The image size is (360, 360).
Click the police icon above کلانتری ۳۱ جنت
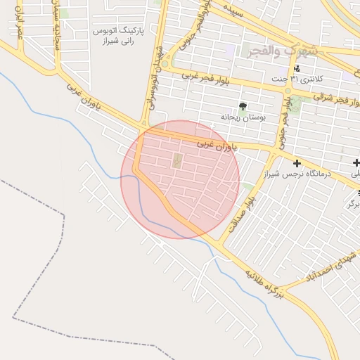[297, 68]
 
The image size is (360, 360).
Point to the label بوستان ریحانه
[243, 117]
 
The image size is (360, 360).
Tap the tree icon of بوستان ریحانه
[243, 106]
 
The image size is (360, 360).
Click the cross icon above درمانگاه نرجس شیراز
[297, 163]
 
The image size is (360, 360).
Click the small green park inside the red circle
[176, 161]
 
